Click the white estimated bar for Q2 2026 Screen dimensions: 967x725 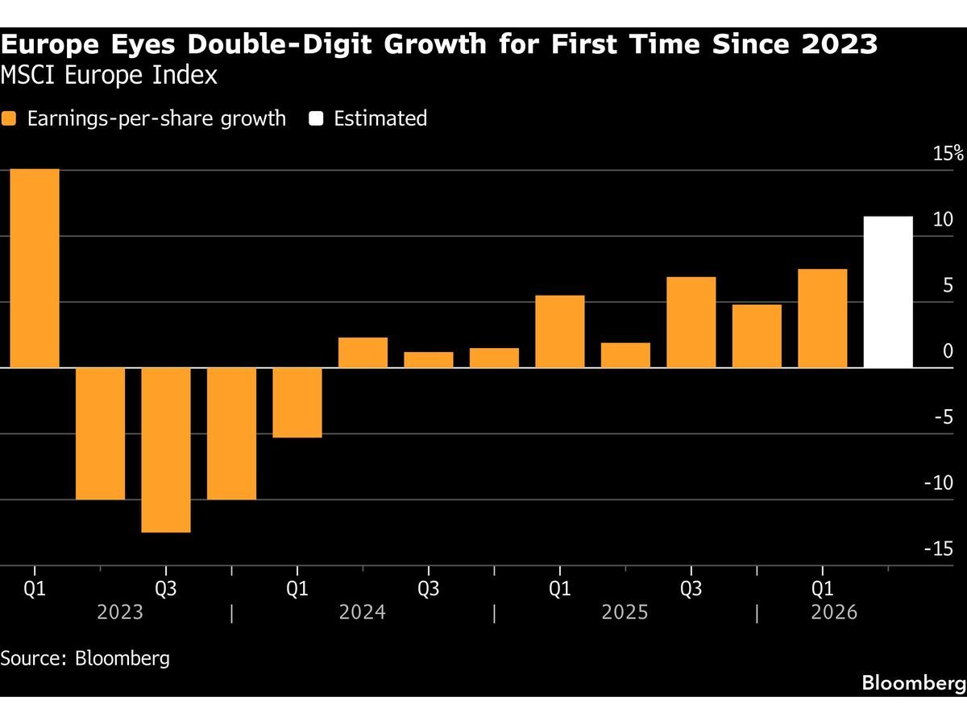(x=888, y=292)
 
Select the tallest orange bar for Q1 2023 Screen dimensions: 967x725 (x=35, y=268)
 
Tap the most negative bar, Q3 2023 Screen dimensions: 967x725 (x=166, y=449)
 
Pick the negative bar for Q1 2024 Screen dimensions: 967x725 (x=297, y=403)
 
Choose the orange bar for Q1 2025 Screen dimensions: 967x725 (x=560, y=331)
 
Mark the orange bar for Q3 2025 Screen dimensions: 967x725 (x=691, y=322)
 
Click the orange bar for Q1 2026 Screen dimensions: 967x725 (x=823, y=318)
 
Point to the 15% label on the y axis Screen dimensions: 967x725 (x=948, y=153)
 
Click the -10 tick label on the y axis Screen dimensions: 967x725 (x=938, y=483)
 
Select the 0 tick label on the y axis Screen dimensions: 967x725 (x=948, y=351)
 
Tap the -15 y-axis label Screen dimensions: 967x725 (x=938, y=549)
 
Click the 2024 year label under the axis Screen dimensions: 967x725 (x=362, y=612)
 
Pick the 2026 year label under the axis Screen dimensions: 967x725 (x=834, y=612)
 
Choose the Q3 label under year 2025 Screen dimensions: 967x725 (x=691, y=589)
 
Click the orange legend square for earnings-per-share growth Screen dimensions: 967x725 (x=8, y=118)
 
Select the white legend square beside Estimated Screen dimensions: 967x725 (x=316, y=118)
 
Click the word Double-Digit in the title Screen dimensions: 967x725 (x=280, y=44)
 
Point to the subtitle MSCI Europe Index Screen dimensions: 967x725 (x=109, y=75)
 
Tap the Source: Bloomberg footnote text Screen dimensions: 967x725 (x=85, y=658)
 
